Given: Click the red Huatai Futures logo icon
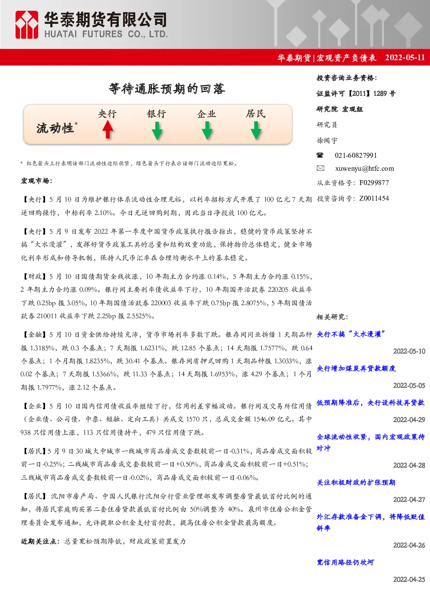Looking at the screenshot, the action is click(x=26, y=25).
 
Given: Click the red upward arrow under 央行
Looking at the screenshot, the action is click(x=108, y=130).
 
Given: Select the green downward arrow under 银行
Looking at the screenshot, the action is click(x=157, y=130).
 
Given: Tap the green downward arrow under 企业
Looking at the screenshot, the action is click(x=207, y=130).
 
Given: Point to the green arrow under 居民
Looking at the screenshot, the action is click(x=256, y=130).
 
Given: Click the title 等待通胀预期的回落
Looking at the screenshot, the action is click(x=167, y=89).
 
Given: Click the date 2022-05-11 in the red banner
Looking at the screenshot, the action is click(x=405, y=58).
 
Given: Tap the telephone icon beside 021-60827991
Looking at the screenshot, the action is click(x=320, y=155).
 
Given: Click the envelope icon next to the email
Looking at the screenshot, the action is click(x=320, y=168).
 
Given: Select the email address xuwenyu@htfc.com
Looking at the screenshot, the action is click(x=364, y=169).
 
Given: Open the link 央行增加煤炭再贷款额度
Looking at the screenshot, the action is click(x=356, y=368).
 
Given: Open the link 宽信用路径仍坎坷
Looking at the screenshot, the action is click(x=345, y=562).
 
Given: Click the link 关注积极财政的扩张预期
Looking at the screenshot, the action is click(x=356, y=482).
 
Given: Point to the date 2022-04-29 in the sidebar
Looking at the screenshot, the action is click(x=409, y=419).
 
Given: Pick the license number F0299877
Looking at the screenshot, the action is click(x=374, y=183).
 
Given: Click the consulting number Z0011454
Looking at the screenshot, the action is click(x=374, y=198).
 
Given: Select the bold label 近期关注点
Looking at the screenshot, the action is click(x=39, y=542).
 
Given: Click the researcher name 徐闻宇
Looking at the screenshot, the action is click(x=327, y=140).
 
